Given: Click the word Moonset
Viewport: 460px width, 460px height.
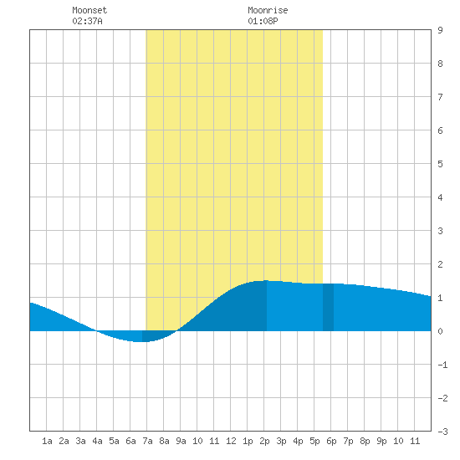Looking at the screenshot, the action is coord(89,10).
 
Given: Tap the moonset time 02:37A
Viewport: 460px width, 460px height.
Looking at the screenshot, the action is coord(87,21).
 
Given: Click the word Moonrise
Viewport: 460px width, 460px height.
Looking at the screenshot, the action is coord(268,10).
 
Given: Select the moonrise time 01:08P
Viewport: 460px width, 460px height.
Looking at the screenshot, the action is coord(263,21).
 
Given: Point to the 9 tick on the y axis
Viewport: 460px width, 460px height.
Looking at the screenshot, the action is coord(440,30).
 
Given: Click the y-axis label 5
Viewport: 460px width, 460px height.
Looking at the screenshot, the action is coord(440,164).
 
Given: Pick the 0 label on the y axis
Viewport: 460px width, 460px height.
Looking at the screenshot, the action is coord(440,331).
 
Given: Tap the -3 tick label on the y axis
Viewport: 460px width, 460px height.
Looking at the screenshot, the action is coord(442,432).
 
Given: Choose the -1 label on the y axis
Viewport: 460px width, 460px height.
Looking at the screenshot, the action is coord(442,365).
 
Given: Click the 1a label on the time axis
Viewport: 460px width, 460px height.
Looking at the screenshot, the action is coord(47,441).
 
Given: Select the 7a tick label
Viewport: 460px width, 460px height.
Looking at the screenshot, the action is coord(147,441).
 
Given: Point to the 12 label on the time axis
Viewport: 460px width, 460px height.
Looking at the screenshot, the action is coord(231,441).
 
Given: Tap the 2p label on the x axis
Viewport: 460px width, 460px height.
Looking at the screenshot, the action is coord(264,441).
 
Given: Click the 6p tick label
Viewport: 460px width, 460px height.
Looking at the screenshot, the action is coord(331,441).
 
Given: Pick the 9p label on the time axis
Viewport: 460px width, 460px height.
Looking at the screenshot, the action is coord(381,441).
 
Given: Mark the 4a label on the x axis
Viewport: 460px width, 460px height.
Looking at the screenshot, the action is coord(97,441).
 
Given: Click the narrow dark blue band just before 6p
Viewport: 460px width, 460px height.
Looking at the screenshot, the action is coord(328,307).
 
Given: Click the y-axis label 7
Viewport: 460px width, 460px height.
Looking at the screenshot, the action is coord(440,97).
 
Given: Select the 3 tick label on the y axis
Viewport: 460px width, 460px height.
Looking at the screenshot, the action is coord(440,231).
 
